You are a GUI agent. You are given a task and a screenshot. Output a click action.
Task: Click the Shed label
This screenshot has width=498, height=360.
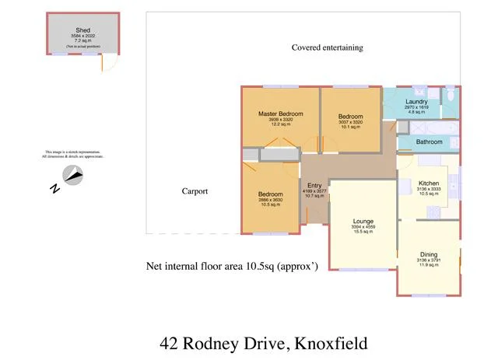[x=82, y=30]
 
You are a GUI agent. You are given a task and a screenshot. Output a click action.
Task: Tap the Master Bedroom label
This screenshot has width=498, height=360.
[x=280, y=114]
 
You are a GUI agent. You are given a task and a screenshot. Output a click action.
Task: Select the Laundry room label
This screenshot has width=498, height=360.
[x=416, y=102]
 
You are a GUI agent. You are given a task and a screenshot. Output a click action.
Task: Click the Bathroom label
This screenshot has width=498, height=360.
[x=429, y=142]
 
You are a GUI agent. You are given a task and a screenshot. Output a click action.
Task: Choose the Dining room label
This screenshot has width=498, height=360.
[x=429, y=254]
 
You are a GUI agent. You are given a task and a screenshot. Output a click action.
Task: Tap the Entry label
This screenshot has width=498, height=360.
[x=314, y=184]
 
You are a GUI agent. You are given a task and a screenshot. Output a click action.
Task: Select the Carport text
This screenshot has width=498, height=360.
[x=195, y=191]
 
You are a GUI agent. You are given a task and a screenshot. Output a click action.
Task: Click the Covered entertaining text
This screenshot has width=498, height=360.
[x=327, y=47]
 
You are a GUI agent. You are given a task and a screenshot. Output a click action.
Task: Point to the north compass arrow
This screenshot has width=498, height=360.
[x=73, y=177]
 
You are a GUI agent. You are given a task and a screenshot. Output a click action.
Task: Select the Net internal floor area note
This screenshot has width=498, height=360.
[x=233, y=266]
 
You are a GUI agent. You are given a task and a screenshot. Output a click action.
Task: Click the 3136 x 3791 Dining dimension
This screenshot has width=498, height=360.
[x=429, y=260]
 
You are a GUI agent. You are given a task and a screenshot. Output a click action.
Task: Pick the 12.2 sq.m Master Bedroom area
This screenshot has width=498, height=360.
[x=280, y=124]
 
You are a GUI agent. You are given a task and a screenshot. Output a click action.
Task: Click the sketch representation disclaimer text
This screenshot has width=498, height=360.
[x=72, y=154]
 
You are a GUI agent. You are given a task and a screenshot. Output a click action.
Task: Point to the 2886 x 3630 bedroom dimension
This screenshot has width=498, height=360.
[x=270, y=199]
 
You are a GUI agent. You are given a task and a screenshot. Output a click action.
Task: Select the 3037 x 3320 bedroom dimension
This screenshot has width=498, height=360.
[x=350, y=121]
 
